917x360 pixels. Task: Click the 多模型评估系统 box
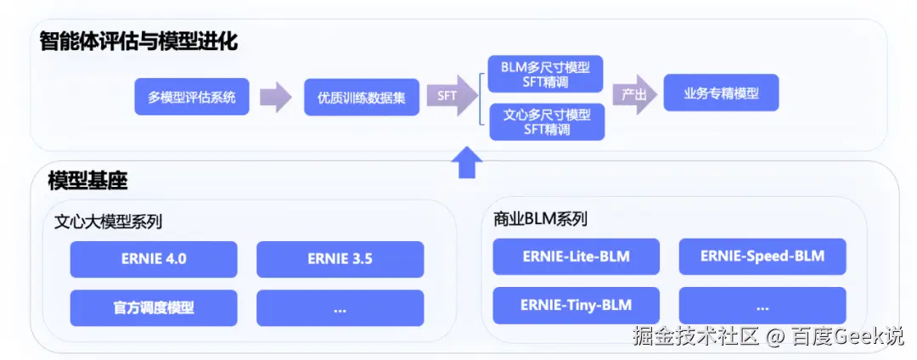pyautogui.click(x=191, y=97)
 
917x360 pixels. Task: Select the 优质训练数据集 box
pyautogui.click(x=361, y=97)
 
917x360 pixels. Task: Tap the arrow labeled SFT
pyautogui.click(x=451, y=96)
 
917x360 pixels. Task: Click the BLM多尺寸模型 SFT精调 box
pyautogui.click(x=546, y=75)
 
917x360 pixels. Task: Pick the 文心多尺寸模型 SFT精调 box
pyautogui.click(x=546, y=121)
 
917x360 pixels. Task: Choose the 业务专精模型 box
pyautogui.click(x=720, y=94)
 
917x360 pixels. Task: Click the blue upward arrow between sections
pyautogui.click(x=465, y=161)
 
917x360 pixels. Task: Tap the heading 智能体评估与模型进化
pyautogui.click(x=138, y=41)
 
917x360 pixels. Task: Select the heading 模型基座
pyautogui.click(x=87, y=180)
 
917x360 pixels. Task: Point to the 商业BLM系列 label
pyautogui.click(x=540, y=219)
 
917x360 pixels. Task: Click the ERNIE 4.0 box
pyautogui.click(x=154, y=259)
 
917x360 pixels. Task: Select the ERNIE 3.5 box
pyautogui.click(x=340, y=259)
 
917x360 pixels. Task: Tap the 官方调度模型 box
pyautogui.click(x=154, y=307)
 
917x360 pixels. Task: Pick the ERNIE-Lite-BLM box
pyautogui.click(x=576, y=256)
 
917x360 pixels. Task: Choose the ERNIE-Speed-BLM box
pyautogui.click(x=762, y=256)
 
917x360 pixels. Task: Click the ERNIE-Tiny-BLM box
pyautogui.click(x=576, y=305)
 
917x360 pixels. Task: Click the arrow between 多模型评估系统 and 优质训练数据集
pyautogui.click(x=275, y=97)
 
